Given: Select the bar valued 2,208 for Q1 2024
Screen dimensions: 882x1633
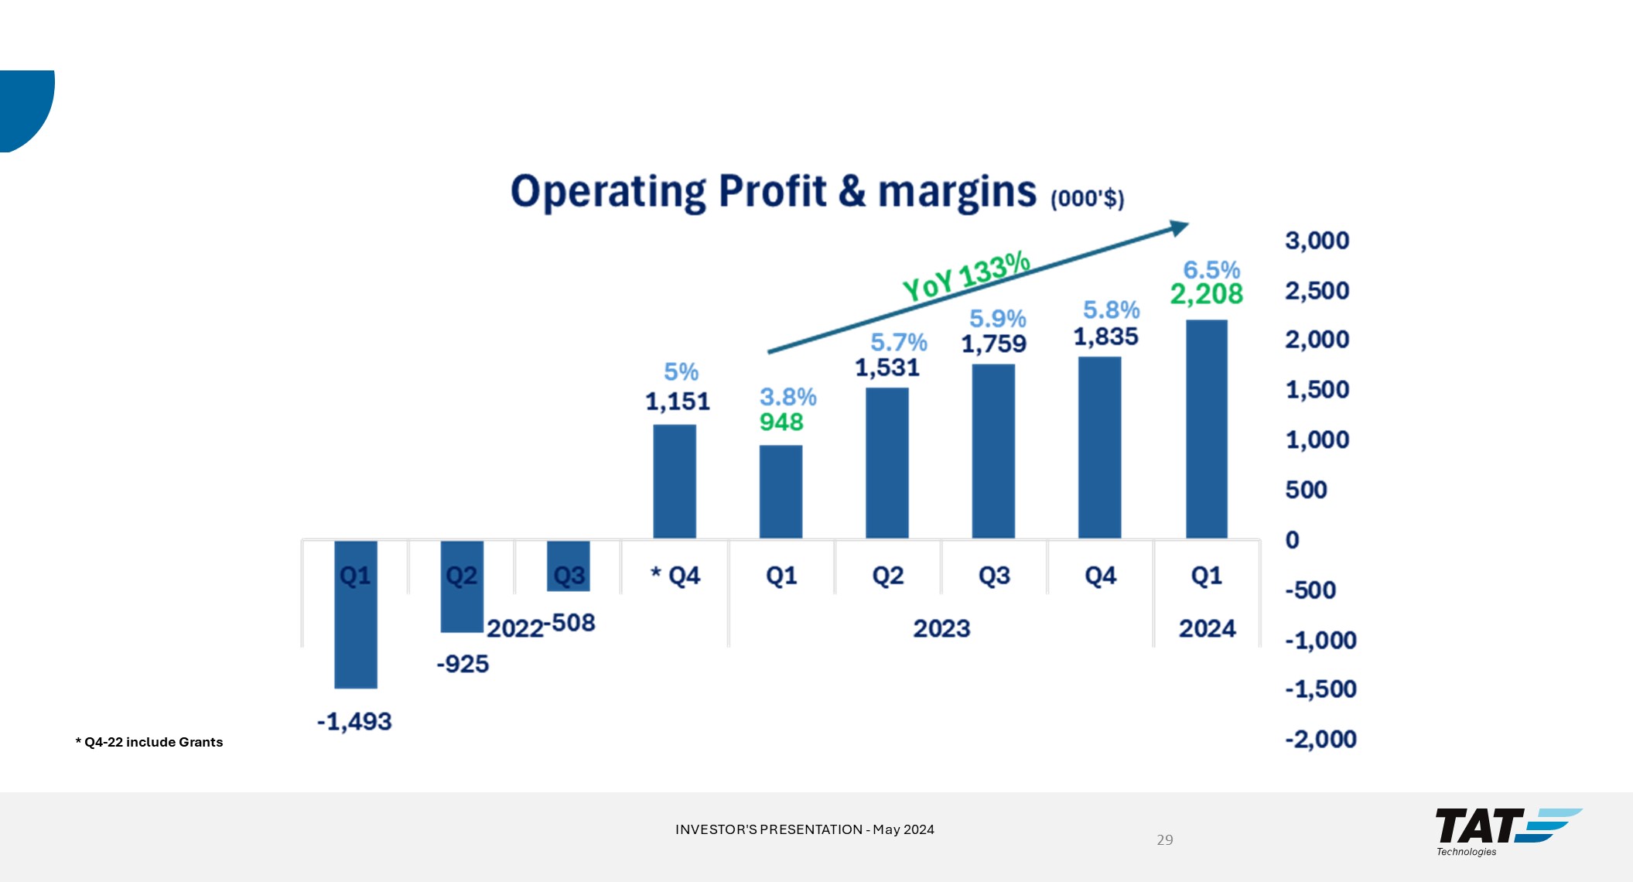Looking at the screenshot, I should click(x=1206, y=429).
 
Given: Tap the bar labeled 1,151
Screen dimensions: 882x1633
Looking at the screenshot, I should click(x=674, y=481).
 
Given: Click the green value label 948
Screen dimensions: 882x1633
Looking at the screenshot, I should click(x=781, y=422).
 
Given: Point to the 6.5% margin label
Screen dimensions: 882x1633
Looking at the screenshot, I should click(x=1211, y=270).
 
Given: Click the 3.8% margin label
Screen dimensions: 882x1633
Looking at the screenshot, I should click(x=787, y=397).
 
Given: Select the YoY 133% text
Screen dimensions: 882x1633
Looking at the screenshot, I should click(x=966, y=276).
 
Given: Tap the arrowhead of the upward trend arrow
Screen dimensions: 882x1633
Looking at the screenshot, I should click(x=1179, y=227).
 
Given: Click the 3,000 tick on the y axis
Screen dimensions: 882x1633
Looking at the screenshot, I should click(x=1317, y=241).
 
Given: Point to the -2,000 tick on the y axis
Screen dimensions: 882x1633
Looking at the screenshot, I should click(x=1320, y=739).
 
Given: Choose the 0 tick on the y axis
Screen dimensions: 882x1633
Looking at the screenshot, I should click(x=1292, y=540).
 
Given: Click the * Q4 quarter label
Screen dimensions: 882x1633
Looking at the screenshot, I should click(x=675, y=576).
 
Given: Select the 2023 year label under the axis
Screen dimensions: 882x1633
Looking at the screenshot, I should click(x=941, y=628).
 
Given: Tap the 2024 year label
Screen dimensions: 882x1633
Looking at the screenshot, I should click(x=1207, y=628).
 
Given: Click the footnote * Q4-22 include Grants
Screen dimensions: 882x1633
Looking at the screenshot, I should click(x=149, y=742).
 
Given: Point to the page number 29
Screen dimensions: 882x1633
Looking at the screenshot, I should click(x=1164, y=839).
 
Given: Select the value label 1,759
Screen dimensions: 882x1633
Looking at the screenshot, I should click(x=993, y=344).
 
